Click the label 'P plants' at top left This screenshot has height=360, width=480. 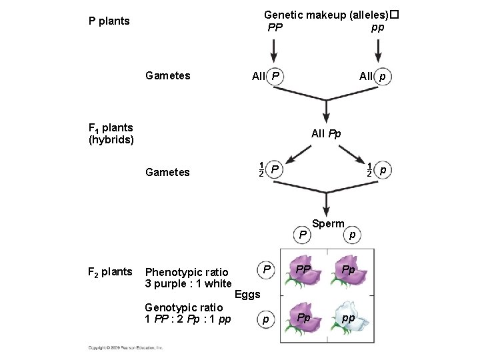pos(109,21)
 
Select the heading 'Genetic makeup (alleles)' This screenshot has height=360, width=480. pos(326,14)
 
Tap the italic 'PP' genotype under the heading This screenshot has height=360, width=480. pos(275,28)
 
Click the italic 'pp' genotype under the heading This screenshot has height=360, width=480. pos(377,27)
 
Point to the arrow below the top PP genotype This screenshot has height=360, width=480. pos(274,50)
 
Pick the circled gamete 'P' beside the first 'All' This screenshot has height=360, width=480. pos(275,77)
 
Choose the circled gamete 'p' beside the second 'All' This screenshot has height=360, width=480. pos(382,77)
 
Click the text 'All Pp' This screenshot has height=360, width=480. pos(326,134)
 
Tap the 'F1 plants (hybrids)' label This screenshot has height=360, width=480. pos(111,133)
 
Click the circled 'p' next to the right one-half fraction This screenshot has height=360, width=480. pos(383,171)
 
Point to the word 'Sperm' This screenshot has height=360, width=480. pos(328,224)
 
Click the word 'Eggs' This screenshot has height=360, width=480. pos(247,294)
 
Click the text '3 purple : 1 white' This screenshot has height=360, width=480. pos(188,284)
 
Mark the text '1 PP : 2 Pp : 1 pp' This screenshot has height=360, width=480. pos(188,319)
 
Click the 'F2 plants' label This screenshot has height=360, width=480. pos(110,271)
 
